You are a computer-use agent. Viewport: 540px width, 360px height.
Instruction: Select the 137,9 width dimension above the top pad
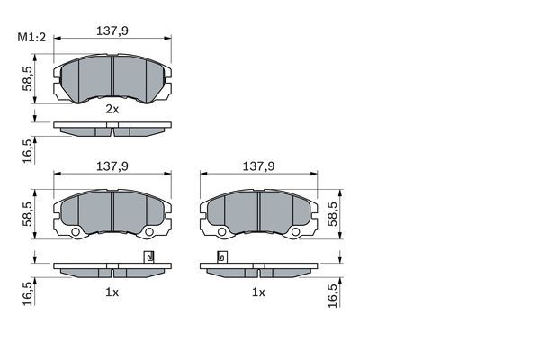(112, 30)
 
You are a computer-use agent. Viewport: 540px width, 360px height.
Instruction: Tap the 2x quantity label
(112, 109)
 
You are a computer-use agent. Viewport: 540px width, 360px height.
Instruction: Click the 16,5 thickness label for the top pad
(28, 148)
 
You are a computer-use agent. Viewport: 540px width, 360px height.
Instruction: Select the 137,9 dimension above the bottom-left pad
(112, 166)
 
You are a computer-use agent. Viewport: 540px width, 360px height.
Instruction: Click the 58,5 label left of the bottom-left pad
(28, 217)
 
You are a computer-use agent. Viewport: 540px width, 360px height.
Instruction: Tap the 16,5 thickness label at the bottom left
(28, 292)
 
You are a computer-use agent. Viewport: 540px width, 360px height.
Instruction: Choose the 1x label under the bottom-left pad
(112, 292)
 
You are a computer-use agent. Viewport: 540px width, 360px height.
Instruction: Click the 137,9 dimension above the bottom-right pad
(258, 166)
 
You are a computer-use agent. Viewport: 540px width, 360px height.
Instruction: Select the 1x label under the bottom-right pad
(258, 292)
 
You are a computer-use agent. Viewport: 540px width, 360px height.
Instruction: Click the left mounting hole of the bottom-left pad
(76, 234)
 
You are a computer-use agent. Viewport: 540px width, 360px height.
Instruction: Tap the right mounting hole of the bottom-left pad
(148, 234)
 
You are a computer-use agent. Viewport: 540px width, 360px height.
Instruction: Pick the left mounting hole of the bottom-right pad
(221, 234)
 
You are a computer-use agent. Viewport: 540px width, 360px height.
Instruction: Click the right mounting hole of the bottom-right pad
(294, 234)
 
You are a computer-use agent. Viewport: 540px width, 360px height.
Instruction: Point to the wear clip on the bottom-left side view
(148, 257)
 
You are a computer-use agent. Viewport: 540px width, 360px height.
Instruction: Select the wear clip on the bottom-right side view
(221, 257)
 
